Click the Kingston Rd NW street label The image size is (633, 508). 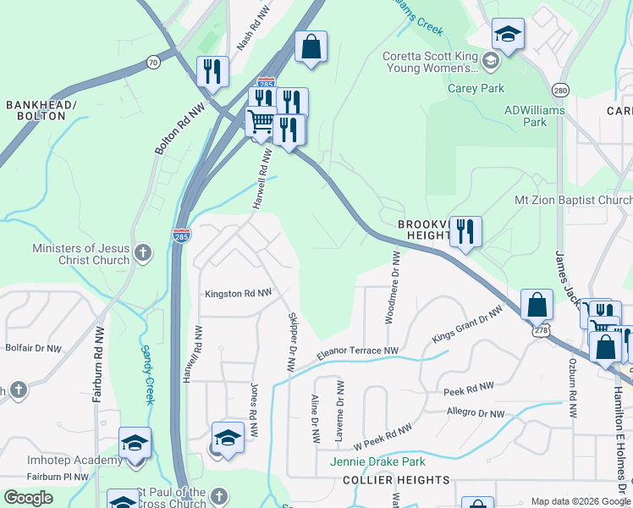click(238, 294)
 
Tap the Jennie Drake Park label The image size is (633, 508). click(383, 461)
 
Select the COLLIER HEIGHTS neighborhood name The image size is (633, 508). click(396, 480)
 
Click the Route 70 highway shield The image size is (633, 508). click(152, 62)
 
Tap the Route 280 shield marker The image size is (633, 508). click(560, 90)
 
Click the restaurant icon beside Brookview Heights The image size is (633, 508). click(465, 230)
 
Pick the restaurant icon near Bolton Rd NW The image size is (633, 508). click(212, 71)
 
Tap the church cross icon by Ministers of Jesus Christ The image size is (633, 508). click(144, 251)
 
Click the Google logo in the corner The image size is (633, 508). click(28, 498)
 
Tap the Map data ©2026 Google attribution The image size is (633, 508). click(580, 501)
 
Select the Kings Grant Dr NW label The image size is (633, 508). click(466, 324)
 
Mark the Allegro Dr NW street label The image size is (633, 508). click(476, 413)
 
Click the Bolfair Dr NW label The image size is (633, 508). click(34, 348)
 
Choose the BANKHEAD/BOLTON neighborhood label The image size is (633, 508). click(41, 110)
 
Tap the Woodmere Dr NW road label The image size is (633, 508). click(395, 286)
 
